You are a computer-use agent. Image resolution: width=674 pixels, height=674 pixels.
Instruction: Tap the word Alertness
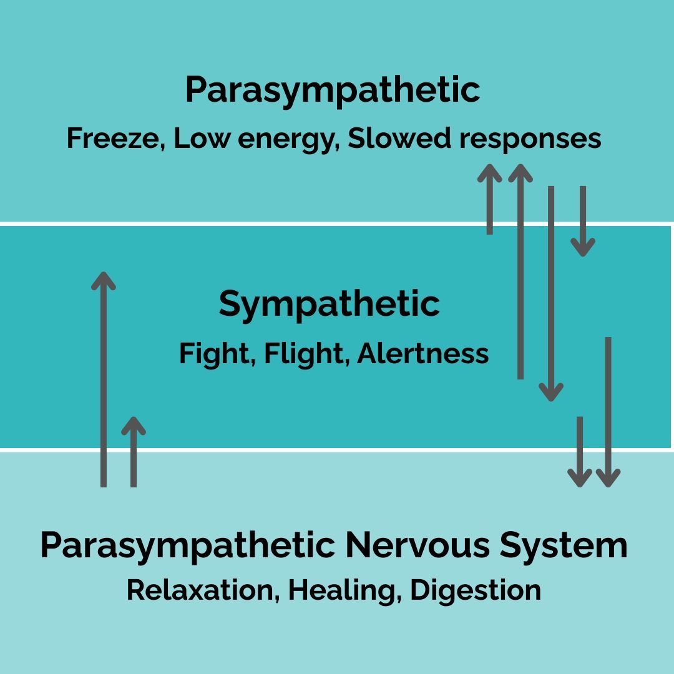[423, 353]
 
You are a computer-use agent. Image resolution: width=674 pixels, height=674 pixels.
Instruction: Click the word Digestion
[476, 590]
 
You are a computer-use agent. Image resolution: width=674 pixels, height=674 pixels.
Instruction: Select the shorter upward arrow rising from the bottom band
[133, 452]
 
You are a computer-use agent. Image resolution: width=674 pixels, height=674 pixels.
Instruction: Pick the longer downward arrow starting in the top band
[550, 293]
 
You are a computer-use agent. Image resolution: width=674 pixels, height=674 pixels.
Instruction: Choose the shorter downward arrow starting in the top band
[583, 221]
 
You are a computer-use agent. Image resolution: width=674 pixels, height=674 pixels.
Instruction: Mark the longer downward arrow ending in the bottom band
[608, 412]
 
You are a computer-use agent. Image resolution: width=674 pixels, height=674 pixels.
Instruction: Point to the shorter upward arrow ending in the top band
[490, 199]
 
